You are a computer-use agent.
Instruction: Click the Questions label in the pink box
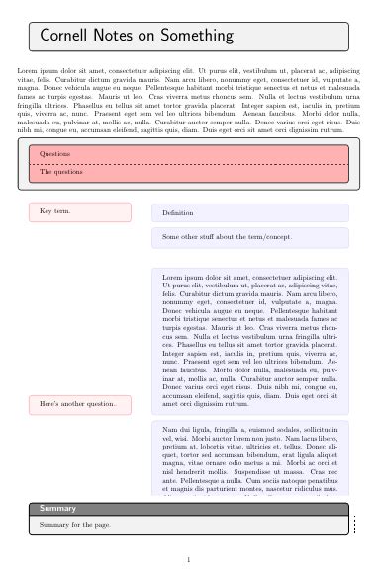pyautogui.click(x=54, y=154)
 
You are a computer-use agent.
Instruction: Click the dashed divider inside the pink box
pyautogui.click(x=188, y=163)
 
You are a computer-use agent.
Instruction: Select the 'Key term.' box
pyautogui.click(x=80, y=212)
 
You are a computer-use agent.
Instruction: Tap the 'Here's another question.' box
pyautogui.click(x=80, y=405)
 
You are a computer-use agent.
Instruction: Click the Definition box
pyautogui.click(x=249, y=213)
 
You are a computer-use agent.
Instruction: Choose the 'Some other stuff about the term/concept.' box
pyautogui.click(x=249, y=238)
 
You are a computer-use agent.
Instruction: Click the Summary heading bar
pyautogui.click(x=188, y=508)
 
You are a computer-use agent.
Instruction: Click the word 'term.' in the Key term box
pyautogui.click(x=61, y=212)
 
